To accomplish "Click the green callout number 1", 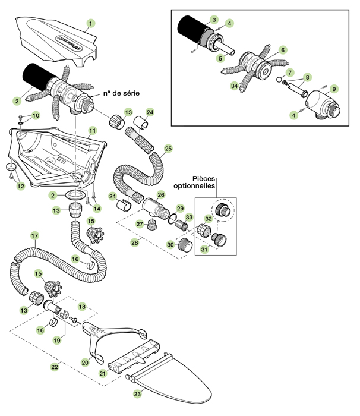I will [90, 24].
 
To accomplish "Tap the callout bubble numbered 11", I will [92, 130].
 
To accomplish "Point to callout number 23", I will [138, 393].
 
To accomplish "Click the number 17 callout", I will [34, 236].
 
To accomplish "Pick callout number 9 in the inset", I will [334, 89].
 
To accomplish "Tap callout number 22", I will [55, 368].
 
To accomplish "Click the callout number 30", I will [170, 245].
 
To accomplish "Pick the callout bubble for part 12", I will [21, 187].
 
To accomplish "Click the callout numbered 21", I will [103, 373].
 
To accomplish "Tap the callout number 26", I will [160, 194].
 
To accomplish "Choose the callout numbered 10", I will [36, 115].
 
